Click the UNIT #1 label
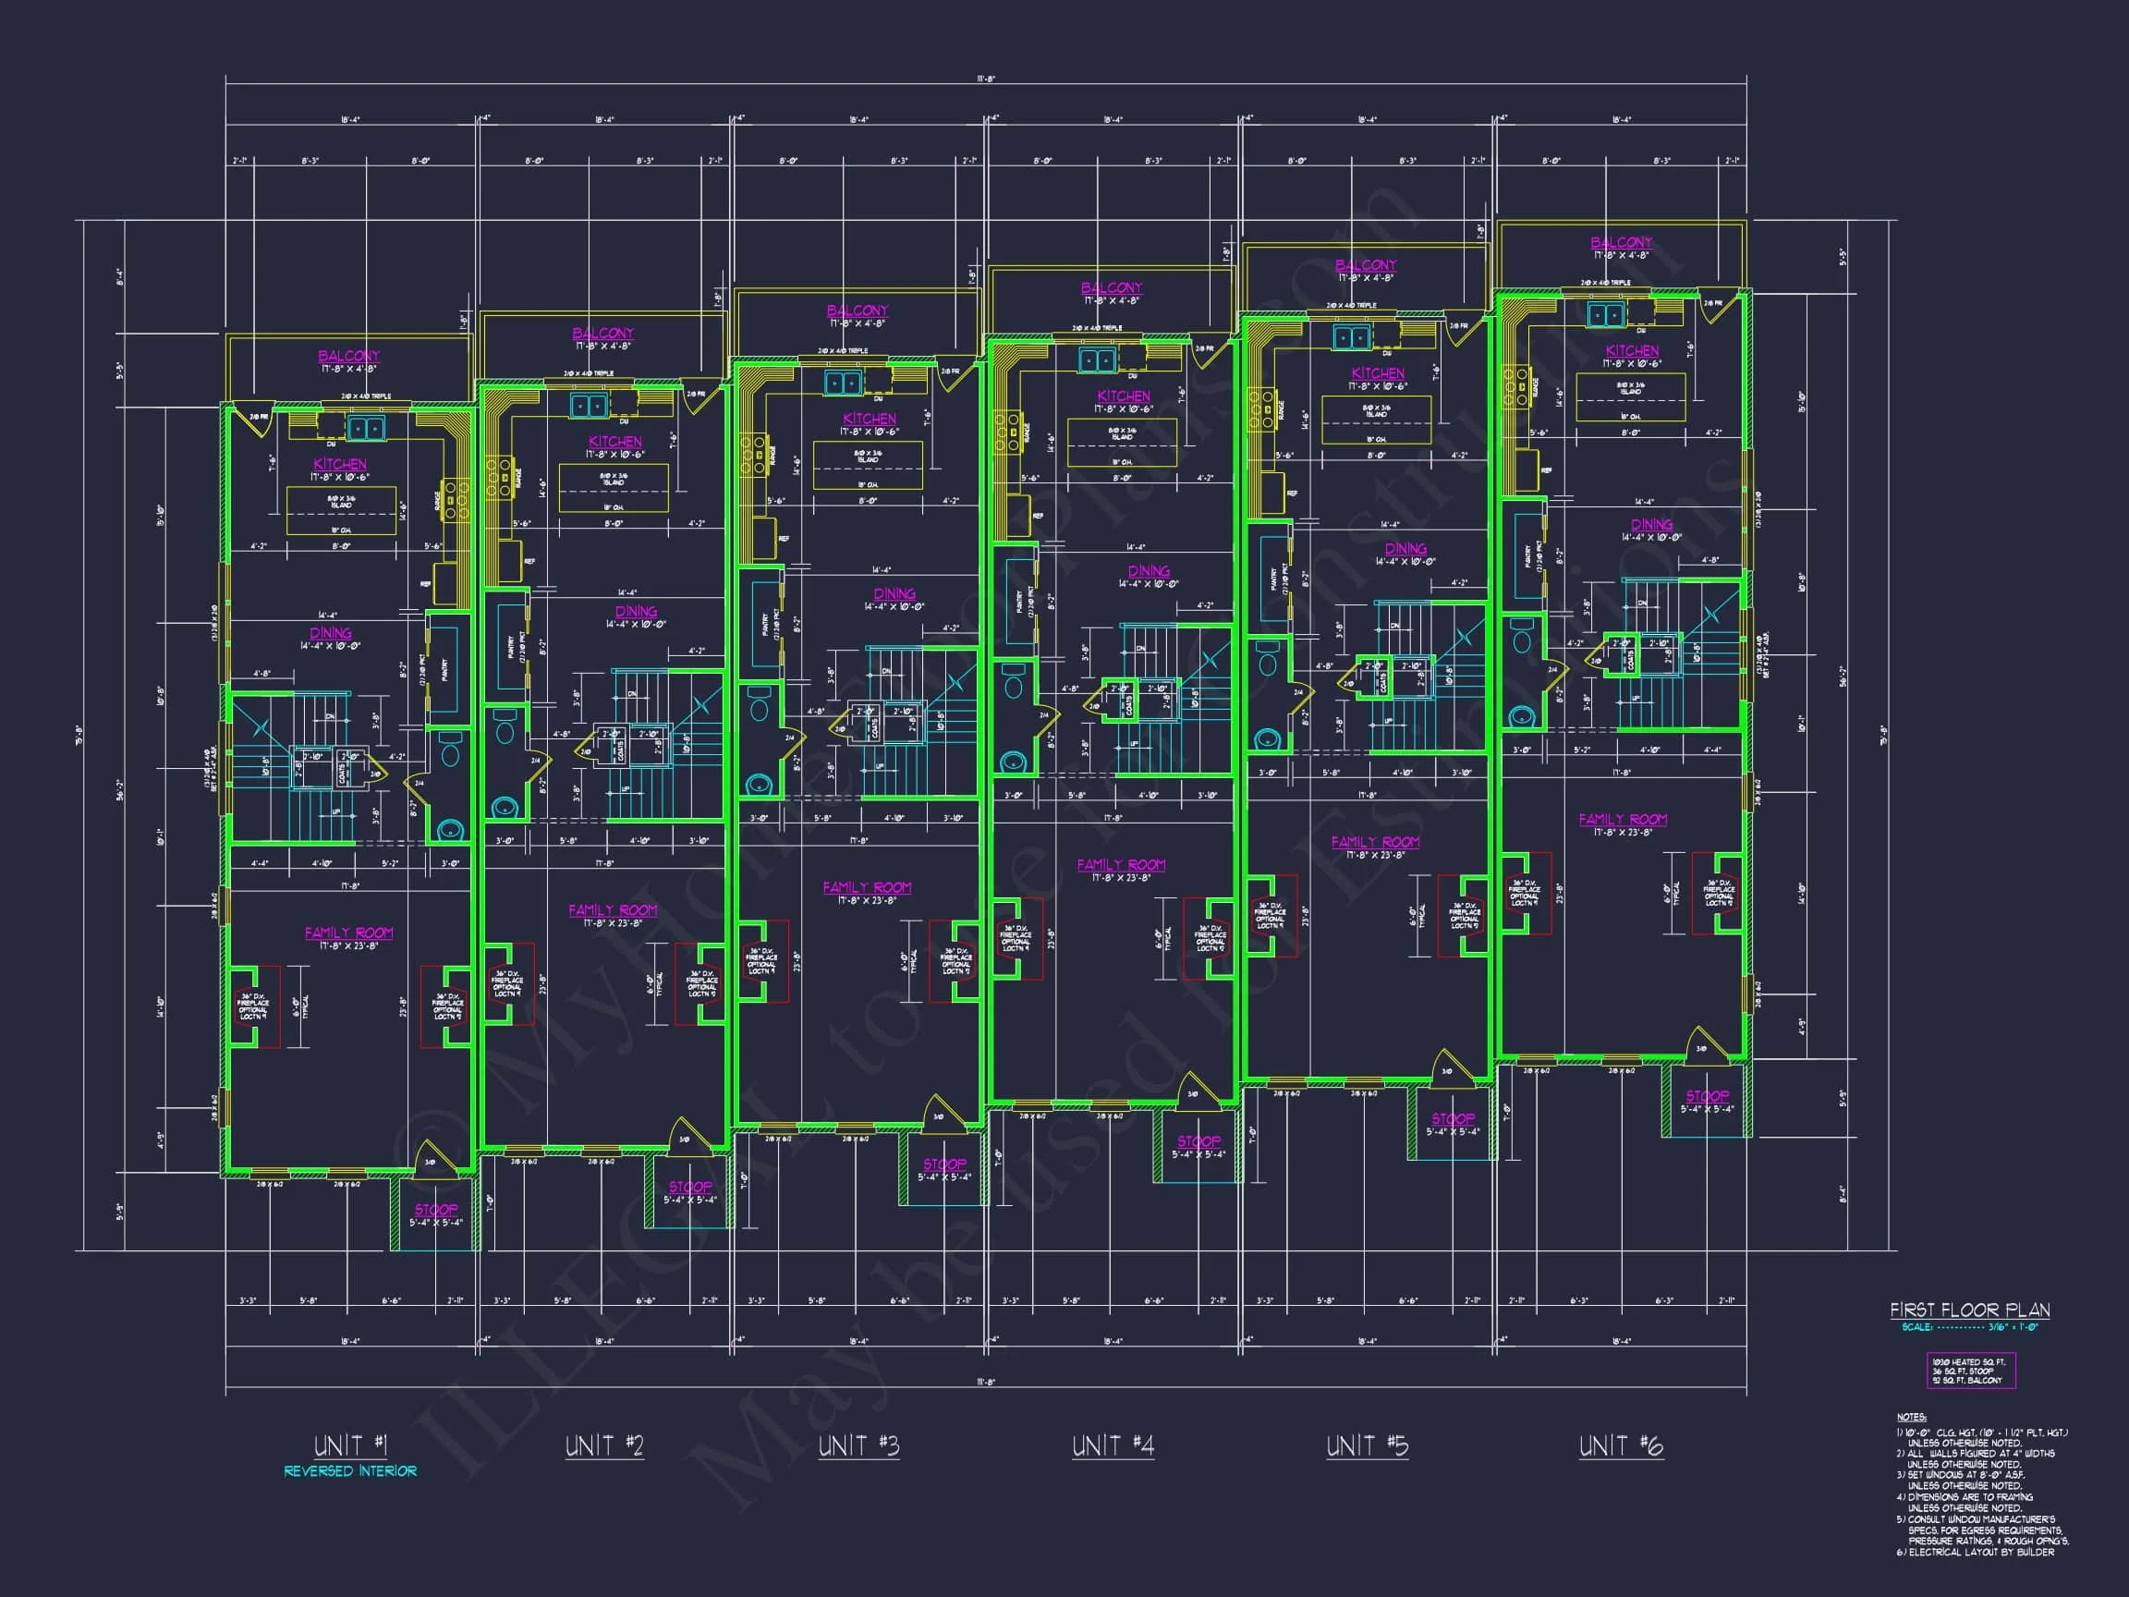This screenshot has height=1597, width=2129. [350, 1445]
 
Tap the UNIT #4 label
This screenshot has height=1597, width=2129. [1113, 1445]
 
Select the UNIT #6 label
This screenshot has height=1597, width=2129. [1621, 1445]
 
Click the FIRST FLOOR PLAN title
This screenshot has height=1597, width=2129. [1969, 1311]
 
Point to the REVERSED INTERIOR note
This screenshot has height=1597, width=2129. [350, 1471]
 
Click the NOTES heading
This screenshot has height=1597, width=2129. [1911, 1418]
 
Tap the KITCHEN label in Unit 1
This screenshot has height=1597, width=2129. [340, 464]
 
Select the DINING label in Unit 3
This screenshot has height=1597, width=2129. [894, 594]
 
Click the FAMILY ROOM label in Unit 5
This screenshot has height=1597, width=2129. [1375, 842]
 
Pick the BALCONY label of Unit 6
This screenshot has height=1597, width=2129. [1621, 242]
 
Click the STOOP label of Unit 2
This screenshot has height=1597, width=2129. [690, 1187]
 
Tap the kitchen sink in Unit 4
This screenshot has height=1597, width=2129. [1096, 361]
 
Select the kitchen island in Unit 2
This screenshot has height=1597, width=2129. [614, 488]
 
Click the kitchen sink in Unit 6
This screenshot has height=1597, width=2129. [1604, 315]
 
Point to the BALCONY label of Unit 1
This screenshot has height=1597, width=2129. [348, 356]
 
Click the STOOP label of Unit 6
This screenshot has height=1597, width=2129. [1707, 1095]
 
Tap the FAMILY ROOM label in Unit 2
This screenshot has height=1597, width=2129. [612, 909]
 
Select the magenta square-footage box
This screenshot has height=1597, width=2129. [1970, 1371]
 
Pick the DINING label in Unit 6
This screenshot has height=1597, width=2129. [1651, 525]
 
